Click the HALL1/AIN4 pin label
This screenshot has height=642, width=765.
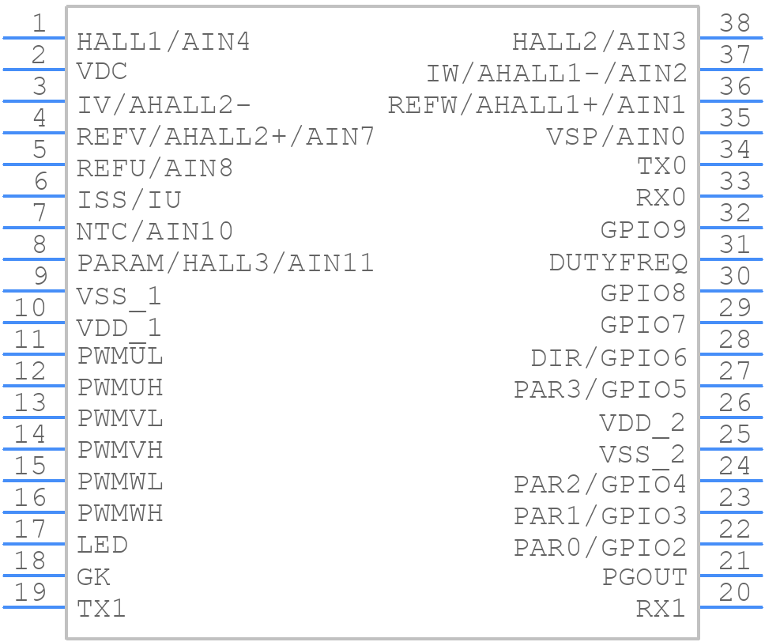164,42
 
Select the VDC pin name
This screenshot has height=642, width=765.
103,71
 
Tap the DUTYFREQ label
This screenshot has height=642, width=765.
618,262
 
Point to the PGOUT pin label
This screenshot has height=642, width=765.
645,577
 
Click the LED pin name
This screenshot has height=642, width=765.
103,545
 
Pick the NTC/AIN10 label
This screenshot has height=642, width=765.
155,232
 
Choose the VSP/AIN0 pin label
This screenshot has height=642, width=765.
616,137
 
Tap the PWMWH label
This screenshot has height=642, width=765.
120,513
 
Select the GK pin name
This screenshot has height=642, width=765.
94,577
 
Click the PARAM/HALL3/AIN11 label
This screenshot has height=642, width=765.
225,263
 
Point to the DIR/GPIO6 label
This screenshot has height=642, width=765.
609,358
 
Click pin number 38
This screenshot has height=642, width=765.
735,23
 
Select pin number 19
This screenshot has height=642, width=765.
30,591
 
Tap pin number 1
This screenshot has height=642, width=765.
39,23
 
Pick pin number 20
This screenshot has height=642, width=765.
735,591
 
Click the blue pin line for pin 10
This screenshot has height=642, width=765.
34,323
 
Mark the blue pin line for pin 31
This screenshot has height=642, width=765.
731,259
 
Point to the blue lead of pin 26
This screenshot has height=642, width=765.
731,417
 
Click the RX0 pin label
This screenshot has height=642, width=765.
661,198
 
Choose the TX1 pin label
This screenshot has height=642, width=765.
101,609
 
